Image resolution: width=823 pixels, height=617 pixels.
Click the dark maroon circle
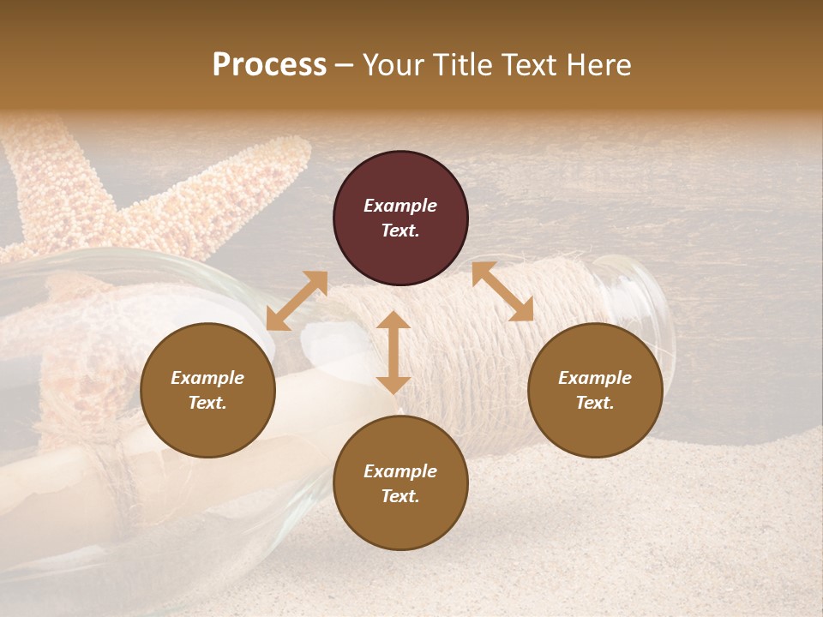click(x=400, y=218)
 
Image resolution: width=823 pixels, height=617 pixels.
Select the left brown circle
click(x=207, y=390)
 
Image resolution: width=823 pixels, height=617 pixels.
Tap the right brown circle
click(x=595, y=390)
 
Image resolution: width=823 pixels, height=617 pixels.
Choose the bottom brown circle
click(x=400, y=483)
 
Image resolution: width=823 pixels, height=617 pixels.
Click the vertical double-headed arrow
click(x=393, y=352)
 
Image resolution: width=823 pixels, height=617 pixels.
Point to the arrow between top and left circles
click(x=297, y=301)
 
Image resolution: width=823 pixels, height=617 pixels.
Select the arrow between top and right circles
click(x=502, y=291)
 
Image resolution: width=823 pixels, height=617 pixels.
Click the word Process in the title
click(x=269, y=65)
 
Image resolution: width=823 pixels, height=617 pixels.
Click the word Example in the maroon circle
click(x=400, y=206)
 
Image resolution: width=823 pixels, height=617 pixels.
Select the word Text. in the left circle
click(x=207, y=403)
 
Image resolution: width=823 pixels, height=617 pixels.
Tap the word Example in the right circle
click(x=595, y=378)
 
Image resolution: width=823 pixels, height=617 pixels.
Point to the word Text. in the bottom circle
click(x=400, y=496)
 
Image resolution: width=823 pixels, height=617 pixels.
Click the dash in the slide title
click(x=345, y=65)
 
